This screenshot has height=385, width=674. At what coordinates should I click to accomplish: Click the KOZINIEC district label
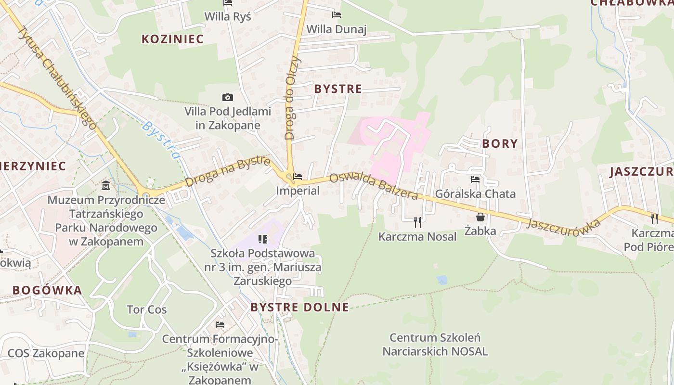click(x=172, y=39)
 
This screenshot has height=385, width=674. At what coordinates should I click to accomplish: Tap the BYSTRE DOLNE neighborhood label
click(x=299, y=307)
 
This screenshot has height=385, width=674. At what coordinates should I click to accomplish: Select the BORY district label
click(x=500, y=143)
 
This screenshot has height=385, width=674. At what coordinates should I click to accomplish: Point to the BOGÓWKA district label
click(x=47, y=290)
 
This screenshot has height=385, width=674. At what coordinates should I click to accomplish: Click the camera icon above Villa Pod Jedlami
click(x=228, y=98)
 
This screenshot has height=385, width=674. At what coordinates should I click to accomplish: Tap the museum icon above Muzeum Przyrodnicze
click(x=106, y=185)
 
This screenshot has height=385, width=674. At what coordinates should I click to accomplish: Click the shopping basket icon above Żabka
click(x=480, y=217)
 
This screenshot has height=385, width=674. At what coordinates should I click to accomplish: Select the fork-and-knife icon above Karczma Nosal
click(x=417, y=222)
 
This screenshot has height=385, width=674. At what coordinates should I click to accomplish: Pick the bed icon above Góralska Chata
click(x=475, y=180)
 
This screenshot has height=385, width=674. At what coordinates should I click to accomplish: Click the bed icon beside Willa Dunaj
click(x=337, y=15)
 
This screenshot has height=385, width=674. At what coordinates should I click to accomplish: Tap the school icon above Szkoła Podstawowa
click(x=263, y=239)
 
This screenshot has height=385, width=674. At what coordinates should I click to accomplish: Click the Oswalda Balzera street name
click(x=374, y=186)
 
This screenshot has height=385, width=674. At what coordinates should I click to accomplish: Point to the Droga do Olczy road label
click(x=293, y=98)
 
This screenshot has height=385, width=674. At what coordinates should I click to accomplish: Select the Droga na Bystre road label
click(x=227, y=171)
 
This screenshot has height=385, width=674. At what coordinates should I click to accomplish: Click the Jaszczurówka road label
click(x=564, y=223)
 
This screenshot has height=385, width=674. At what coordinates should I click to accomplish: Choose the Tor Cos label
click(x=146, y=309)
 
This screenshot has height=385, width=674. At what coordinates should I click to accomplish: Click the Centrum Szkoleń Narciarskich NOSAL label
click(x=435, y=344)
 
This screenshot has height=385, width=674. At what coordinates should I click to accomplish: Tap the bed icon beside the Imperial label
click(x=298, y=177)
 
